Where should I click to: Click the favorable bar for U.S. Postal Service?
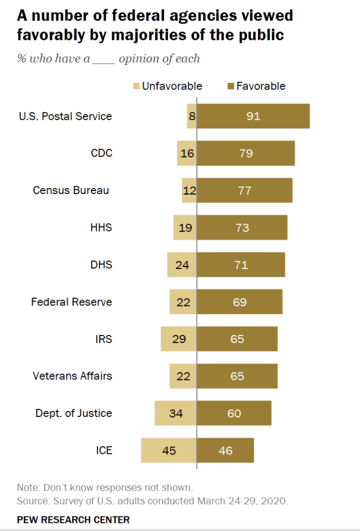(x=253, y=116)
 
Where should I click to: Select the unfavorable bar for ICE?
(x=168, y=450)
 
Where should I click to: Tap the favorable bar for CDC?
(x=245, y=153)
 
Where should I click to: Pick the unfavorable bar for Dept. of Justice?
(x=175, y=413)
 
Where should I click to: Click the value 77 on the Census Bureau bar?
(x=244, y=190)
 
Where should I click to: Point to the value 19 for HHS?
(x=185, y=227)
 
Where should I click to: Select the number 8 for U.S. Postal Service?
(x=192, y=116)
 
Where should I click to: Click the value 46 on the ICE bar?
(x=225, y=450)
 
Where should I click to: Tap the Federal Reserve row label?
(x=71, y=302)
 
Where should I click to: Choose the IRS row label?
(x=103, y=339)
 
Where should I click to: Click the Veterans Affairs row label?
(x=72, y=376)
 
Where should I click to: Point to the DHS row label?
(x=101, y=264)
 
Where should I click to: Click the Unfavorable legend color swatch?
(x=136, y=86)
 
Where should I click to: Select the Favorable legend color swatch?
(x=230, y=86)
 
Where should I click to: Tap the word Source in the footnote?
(x=30, y=500)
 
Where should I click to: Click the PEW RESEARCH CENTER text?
(x=73, y=519)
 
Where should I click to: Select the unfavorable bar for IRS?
(x=178, y=339)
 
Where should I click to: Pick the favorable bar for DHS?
(x=240, y=264)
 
